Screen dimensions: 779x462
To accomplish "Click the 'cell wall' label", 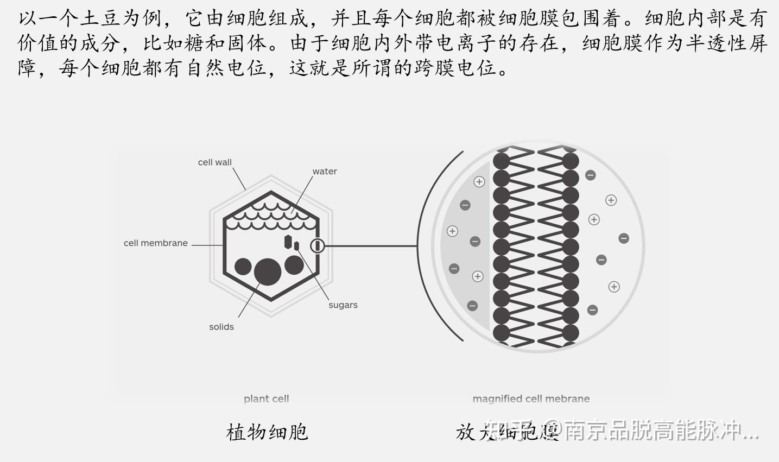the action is pos(214,162).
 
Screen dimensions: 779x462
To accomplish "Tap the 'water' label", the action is pos(325,172).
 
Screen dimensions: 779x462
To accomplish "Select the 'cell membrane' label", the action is pos(155,243).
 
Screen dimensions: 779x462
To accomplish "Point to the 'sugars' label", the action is pos(343,305).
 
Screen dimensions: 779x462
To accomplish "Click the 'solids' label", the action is pos(221,327).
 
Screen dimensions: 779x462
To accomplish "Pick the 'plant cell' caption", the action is pos(266,398).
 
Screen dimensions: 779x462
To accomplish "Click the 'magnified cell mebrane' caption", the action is pos(531,398).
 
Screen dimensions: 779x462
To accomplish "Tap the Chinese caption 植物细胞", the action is pos(267,432).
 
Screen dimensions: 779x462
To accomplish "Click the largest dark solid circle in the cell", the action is pos(268,271).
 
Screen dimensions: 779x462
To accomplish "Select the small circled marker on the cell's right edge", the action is pos(318,246).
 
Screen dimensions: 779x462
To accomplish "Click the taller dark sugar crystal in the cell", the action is pos(288,242).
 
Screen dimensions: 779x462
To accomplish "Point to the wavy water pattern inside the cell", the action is pos(271,215).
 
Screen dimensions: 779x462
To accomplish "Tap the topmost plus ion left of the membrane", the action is pos(479,182).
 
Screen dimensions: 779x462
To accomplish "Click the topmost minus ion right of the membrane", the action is pos(591,175).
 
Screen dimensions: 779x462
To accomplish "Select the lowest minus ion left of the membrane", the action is pos(472,306).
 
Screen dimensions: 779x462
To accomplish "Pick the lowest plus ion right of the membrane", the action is pos(614,287).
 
